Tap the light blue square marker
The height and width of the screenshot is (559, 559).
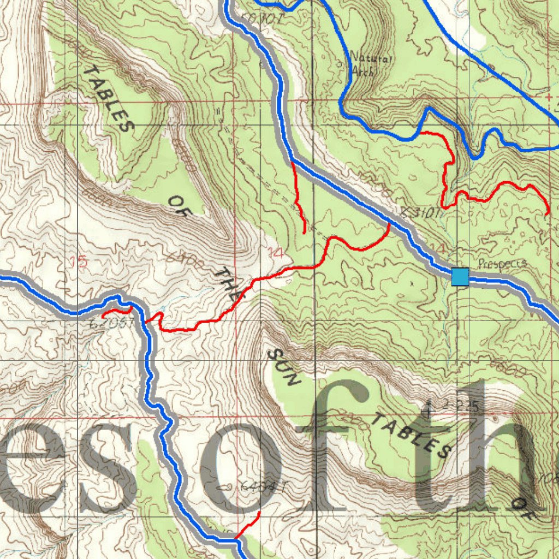[x=460, y=277]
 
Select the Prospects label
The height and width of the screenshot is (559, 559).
[x=502, y=264]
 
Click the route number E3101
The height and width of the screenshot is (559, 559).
[x=420, y=213]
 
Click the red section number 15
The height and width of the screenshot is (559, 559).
[x=79, y=261]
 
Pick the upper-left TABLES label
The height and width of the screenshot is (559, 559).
[x=109, y=99]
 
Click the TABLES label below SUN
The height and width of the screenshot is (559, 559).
[x=412, y=436]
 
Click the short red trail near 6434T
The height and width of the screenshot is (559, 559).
[x=248, y=527]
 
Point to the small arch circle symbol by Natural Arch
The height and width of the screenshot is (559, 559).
[x=341, y=64]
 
